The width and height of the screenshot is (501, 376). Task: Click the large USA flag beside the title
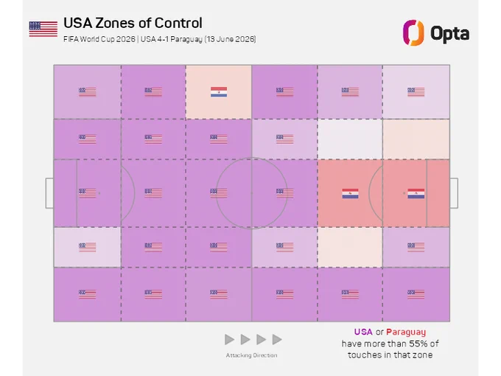[x=43, y=29]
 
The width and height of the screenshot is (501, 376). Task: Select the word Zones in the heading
[x=116, y=23]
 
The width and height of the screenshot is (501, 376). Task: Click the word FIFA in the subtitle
[x=70, y=39]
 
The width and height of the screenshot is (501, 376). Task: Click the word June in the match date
[x=226, y=39]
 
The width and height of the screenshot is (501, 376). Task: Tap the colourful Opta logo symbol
[x=413, y=32]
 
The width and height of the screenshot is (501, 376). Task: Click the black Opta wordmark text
[x=450, y=33]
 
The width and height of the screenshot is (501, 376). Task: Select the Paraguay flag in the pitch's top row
[x=219, y=92]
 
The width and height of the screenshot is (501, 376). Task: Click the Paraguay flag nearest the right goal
[x=416, y=193]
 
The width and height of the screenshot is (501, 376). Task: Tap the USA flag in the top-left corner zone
[x=87, y=92]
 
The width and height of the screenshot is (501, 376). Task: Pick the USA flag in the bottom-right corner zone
[x=416, y=294]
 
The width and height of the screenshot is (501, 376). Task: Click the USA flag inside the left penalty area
[x=87, y=193]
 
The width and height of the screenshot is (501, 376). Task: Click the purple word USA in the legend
[x=363, y=332]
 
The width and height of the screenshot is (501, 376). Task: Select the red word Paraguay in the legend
[x=406, y=333]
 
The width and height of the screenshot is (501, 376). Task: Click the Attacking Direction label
[x=251, y=355]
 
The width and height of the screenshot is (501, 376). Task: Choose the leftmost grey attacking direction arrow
[x=229, y=340]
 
